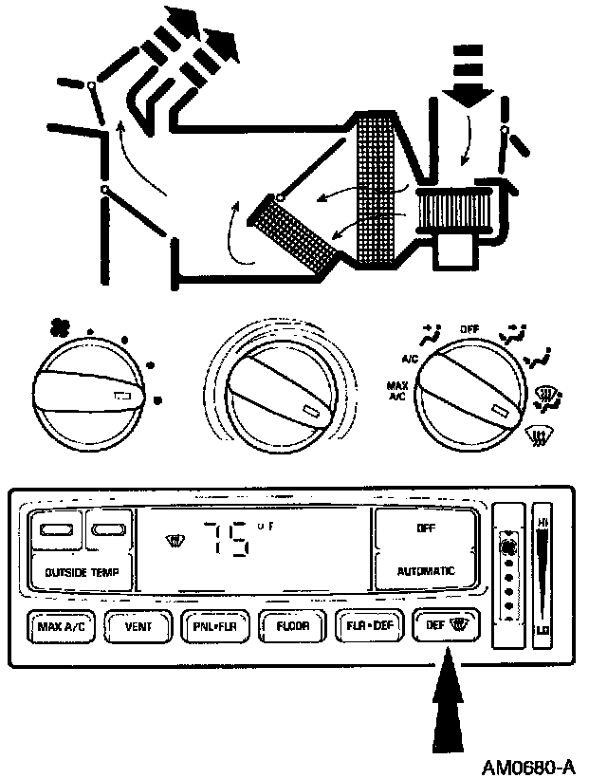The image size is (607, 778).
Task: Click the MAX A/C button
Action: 62,626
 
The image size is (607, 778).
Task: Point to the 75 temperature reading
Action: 232,542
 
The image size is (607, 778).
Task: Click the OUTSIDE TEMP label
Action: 81,572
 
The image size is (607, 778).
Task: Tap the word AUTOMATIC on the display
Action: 426,571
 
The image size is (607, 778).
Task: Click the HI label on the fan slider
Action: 543,522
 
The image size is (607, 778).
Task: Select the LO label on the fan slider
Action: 543,630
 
